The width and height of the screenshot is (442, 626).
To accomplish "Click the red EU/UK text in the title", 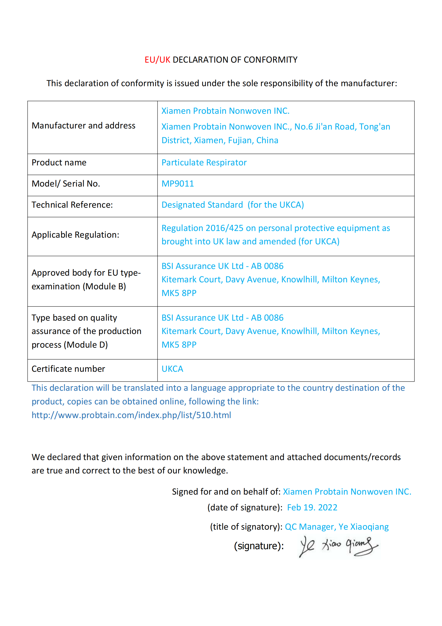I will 157,60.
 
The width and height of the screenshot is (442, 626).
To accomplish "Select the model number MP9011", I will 178,184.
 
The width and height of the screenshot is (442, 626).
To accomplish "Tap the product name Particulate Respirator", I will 204,162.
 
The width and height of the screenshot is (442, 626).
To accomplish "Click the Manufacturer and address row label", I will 83,126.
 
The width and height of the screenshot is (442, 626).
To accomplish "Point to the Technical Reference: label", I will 72,205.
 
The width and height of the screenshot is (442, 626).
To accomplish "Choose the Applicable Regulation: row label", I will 75,235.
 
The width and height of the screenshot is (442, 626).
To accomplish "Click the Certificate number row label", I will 68,369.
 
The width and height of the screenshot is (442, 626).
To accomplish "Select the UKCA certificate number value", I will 172,369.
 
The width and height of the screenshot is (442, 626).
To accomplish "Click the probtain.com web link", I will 131,415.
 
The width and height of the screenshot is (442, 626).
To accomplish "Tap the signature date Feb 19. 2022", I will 312,507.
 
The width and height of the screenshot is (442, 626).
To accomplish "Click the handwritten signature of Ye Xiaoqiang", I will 339,546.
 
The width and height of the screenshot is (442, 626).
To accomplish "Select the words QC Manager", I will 309,527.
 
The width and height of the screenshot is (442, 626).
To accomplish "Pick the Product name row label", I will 59,162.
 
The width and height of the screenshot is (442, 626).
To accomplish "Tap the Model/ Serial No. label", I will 66,184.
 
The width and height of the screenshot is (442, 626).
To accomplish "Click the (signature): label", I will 259,546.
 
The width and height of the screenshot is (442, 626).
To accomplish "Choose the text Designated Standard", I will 202,205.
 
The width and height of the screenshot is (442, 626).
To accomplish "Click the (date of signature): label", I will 245,507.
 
